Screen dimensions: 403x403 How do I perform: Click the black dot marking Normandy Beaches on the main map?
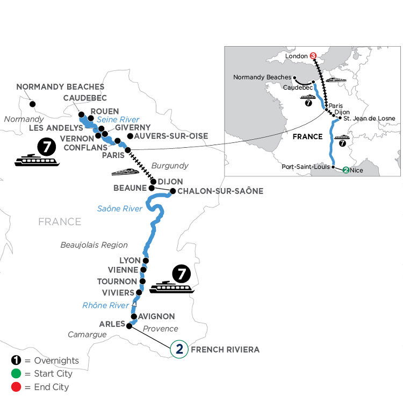(x=33, y=104)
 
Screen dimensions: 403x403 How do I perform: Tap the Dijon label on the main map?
(x=170, y=182)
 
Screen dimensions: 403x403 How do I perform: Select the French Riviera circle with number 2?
(x=179, y=349)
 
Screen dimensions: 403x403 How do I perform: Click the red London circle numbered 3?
(x=313, y=55)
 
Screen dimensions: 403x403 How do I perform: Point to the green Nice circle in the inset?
(x=346, y=170)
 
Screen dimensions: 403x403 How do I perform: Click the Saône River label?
(x=119, y=208)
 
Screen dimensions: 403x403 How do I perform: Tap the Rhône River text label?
(x=105, y=305)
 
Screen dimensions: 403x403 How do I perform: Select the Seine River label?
(x=118, y=119)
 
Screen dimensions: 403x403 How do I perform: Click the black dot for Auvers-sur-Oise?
(x=131, y=136)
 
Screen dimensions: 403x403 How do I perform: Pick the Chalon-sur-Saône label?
(x=220, y=191)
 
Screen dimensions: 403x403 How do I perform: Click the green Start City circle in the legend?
(x=16, y=373)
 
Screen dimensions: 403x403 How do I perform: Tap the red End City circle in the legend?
(x=16, y=387)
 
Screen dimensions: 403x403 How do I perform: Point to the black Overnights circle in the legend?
(x=16, y=361)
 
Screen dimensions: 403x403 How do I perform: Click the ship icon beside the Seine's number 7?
(x=37, y=160)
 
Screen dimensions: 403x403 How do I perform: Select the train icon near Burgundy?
(x=125, y=172)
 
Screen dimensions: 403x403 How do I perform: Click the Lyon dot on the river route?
(x=146, y=261)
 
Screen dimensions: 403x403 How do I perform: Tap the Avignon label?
(x=156, y=316)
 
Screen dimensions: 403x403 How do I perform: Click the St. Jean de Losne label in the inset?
(x=369, y=118)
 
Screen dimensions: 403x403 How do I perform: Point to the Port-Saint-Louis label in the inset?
(x=306, y=167)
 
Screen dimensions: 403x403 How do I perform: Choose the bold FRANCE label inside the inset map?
(x=308, y=136)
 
